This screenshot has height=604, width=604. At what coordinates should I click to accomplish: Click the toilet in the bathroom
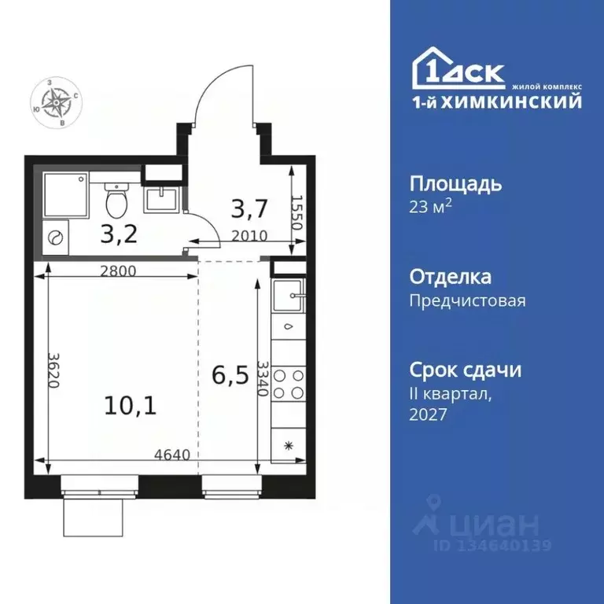(x=116, y=202)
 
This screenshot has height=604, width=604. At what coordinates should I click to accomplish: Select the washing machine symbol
(x=55, y=238)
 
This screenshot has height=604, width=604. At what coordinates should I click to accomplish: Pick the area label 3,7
(x=249, y=209)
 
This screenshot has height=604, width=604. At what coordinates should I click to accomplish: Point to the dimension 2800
(x=118, y=271)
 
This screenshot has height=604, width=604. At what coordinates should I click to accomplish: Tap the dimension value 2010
(x=250, y=234)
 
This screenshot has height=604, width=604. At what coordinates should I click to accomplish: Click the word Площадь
(x=455, y=186)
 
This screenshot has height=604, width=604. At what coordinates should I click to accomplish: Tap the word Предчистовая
(x=467, y=300)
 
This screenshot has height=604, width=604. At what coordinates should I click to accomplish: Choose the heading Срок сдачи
(x=466, y=370)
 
